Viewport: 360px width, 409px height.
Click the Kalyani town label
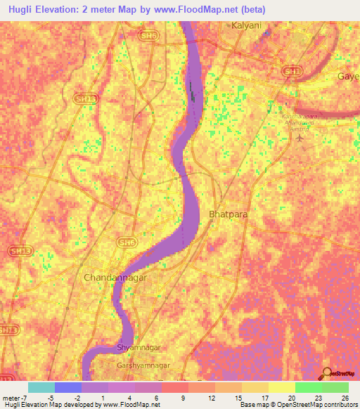pyautogui.click(x=246, y=25)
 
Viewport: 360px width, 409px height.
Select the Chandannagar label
pyautogui.click(x=114, y=278)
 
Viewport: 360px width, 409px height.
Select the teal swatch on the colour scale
pyautogui.click(x=41, y=387)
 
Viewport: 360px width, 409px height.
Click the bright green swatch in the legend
pyautogui.click(x=308, y=387)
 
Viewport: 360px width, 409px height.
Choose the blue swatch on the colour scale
pyautogui.click(x=67, y=387)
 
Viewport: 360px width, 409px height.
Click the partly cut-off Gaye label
pyautogui.click(x=348, y=75)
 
